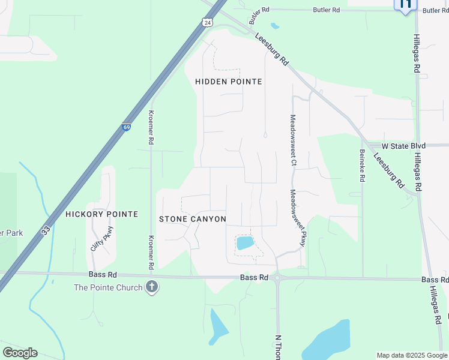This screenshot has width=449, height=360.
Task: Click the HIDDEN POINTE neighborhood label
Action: click(229, 82)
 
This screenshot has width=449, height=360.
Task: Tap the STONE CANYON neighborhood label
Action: click(192, 220)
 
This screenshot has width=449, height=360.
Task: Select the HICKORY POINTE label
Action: click(101, 214)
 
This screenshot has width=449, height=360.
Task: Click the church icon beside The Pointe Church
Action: click(152, 287)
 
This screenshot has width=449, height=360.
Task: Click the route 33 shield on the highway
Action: click(46, 230)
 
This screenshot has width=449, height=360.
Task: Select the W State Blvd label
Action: click(407, 146)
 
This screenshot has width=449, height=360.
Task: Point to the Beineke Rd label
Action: click(362, 166)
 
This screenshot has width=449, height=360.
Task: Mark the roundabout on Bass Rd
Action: click(277, 278)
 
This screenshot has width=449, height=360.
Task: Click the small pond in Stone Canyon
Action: click(245, 243)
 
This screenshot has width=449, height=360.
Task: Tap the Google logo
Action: click(20, 353)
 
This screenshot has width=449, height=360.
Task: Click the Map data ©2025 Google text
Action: click(412, 355)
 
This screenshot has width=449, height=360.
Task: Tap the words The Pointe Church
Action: click(108, 287)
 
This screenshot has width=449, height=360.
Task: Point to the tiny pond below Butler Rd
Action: click(274, 26)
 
